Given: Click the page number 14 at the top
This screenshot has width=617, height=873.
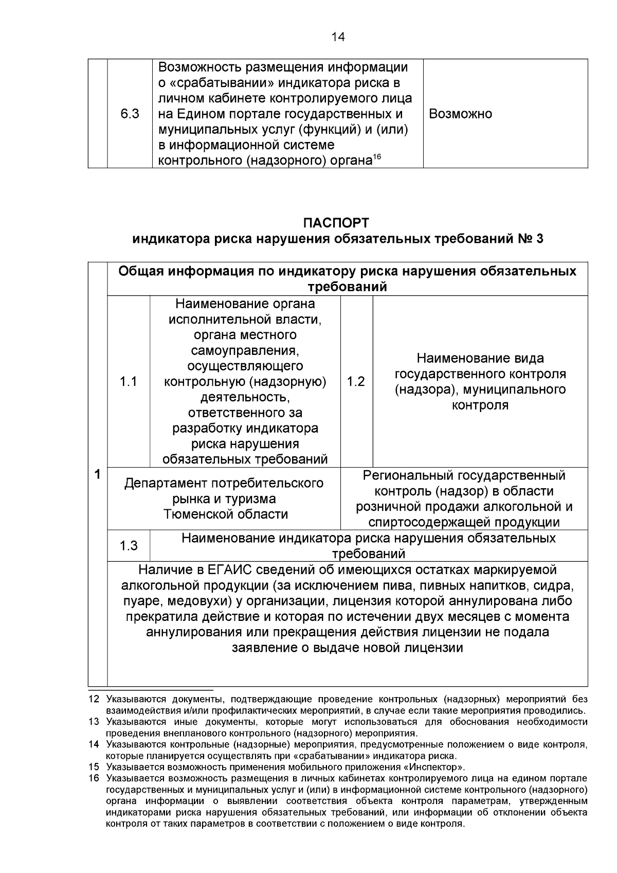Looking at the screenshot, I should [x=338, y=37].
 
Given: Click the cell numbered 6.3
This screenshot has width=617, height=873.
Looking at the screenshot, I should [x=130, y=114].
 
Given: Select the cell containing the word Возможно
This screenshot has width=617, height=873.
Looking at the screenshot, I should [x=460, y=114].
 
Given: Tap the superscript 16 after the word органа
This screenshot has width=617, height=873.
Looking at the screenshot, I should [x=376, y=157].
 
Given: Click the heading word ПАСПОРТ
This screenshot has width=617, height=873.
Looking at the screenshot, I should [x=336, y=223].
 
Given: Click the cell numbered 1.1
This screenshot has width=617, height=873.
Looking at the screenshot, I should [x=129, y=382].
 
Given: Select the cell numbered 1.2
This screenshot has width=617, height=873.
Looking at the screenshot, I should [x=356, y=382].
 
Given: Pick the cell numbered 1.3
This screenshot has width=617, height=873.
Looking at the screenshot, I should [x=129, y=545].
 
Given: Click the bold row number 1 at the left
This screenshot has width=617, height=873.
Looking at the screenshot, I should [x=97, y=474].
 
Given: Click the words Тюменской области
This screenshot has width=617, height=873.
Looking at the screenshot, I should [x=225, y=514].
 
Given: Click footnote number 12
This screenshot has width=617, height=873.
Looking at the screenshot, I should [x=93, y=700].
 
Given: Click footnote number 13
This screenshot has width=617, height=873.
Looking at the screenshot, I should [x=93, y=722].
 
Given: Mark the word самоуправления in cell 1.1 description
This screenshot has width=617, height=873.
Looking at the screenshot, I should [x=245, y=351].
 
